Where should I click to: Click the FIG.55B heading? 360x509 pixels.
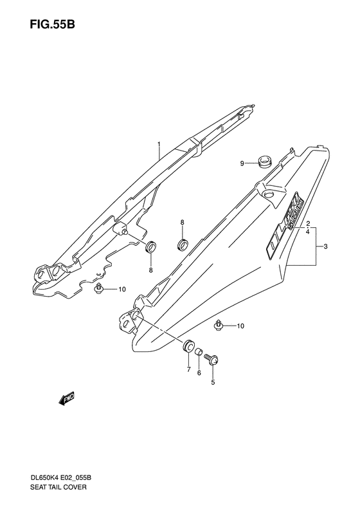[x=52, y=24]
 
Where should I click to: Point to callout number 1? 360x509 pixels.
[x=159, y=143]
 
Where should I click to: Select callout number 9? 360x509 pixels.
[x=242, y=164]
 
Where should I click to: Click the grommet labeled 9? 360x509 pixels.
[x=265, y=161]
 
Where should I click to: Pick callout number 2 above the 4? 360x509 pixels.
[x=308, y=224]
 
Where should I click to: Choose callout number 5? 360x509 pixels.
[x=213, y=382]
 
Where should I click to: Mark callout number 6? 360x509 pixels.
[x=199, y=373]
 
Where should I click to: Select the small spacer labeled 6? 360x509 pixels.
[x=198, y=351]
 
